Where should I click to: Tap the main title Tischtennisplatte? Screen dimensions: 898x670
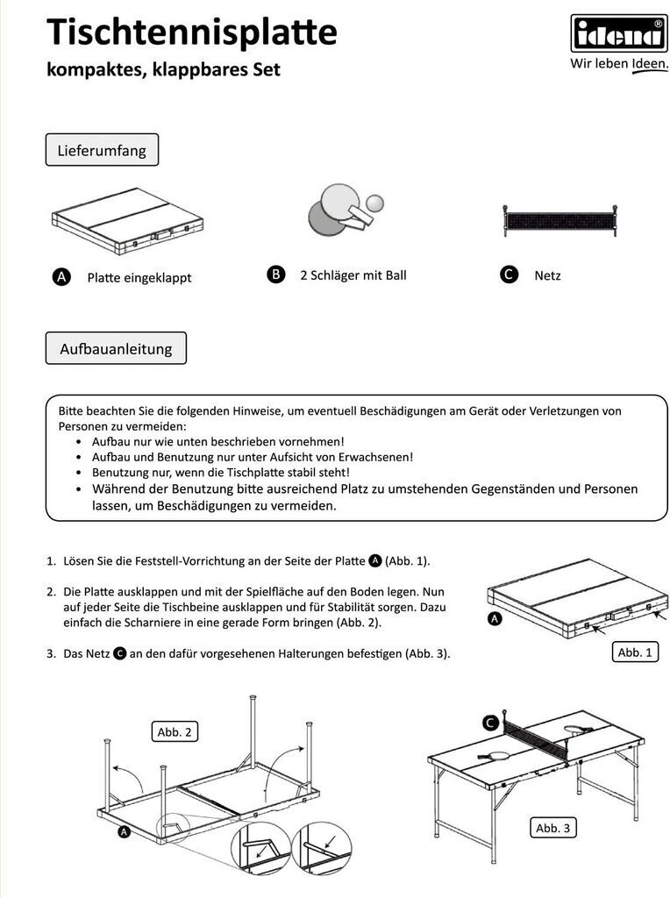(191, 32)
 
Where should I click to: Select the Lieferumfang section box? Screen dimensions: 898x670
(102, 150)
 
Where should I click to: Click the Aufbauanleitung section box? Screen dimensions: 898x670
(116, 348)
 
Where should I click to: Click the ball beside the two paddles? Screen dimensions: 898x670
(375, 203)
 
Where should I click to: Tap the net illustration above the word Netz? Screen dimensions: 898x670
(558, 220)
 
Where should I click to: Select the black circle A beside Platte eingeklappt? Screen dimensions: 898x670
(61, 277)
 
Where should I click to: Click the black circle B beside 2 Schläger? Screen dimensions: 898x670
(275, 274)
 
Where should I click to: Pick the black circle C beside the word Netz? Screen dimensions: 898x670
(509, 274)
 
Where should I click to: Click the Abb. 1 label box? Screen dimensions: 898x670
(635, 652)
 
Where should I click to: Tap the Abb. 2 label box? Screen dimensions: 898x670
(174, 732)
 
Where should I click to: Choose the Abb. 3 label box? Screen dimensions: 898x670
(556, 828)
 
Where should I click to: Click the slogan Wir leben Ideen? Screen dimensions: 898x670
(618, 64)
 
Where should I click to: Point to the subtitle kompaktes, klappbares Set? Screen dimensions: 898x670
(163, 69)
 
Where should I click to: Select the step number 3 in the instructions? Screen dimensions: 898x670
(51, 654)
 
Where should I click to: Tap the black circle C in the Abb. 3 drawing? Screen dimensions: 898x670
(489, 723)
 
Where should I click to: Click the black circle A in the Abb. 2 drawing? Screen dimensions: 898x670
(124, 832)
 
